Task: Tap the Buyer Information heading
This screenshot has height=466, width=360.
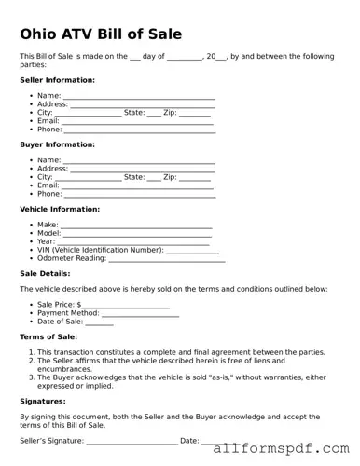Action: pyautogui.click(x=57, y=144)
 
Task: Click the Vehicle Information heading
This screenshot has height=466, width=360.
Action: pyautogui.click(x=60, y=209)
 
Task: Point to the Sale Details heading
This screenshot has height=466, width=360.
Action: pyautogui.click(x=45, y=273)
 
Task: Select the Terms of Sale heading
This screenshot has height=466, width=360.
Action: pyautogui.click(x=48, y=336)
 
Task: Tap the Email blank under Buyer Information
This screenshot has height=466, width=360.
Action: pyautogui.click(x=138, y=186)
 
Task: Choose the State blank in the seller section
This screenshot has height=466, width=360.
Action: pyautogui.click(x=154, y=114)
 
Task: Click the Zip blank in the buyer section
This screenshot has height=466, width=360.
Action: pyautogui.click(x=194, y=178)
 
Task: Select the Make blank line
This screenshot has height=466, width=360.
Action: pyautogui.click(x=136, y=226)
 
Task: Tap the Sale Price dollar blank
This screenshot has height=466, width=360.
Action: pyautogui.click(x=126, y=306)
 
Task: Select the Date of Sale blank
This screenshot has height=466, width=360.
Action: pyautogui.click(x=99, y=323)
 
